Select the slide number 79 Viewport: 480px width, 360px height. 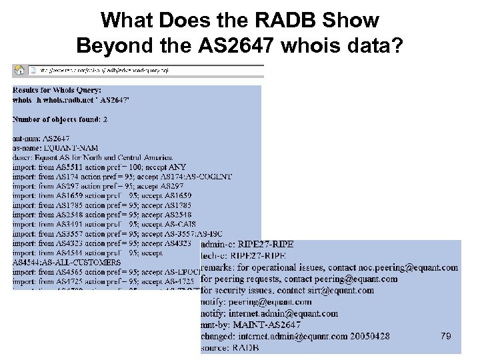[x=446, y=337]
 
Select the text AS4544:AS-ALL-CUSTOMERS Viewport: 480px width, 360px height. [x=67, y=263]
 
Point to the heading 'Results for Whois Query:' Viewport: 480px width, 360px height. [x=57, y=89]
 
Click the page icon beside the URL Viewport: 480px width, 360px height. [x=33, y=69]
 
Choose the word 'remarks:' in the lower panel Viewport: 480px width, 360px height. [x=219, y=268]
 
